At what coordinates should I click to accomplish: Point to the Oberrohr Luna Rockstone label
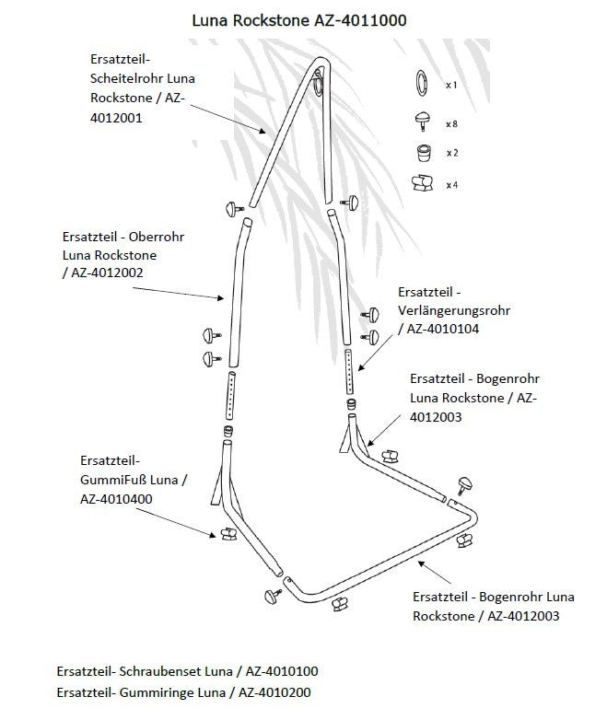coord(123,254)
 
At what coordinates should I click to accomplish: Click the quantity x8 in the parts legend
coord(451,123)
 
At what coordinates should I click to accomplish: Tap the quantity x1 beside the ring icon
coord(451,85)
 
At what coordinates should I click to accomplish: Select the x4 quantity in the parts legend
coord(451,185)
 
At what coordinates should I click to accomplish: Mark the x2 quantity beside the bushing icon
coord(451,153)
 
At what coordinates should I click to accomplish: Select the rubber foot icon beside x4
coord(422,183)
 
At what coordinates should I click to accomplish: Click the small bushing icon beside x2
coord(422,152)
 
